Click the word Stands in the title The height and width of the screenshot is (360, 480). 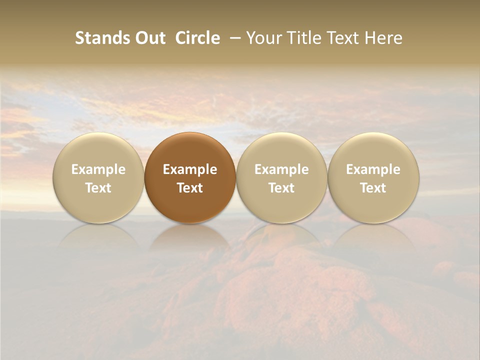click(99, 38)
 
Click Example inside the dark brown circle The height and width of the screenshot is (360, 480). click(190, 169)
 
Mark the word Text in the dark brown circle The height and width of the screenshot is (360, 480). click(190, 188)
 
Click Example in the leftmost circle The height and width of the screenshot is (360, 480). click(98, 169)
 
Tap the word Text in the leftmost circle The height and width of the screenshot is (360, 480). click(98, 188)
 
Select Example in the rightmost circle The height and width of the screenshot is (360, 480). click(373, 169)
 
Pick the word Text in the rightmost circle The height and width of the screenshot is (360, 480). click(373, 188)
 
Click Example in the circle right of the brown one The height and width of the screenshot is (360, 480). click(281, 169)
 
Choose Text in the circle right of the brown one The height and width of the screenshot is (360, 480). click(281, 188)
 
